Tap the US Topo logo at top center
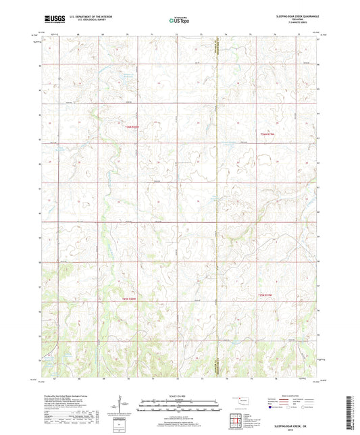pyautogui.click(x=179, y=21)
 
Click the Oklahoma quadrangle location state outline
pyautogui.click(x=240, y=401)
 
